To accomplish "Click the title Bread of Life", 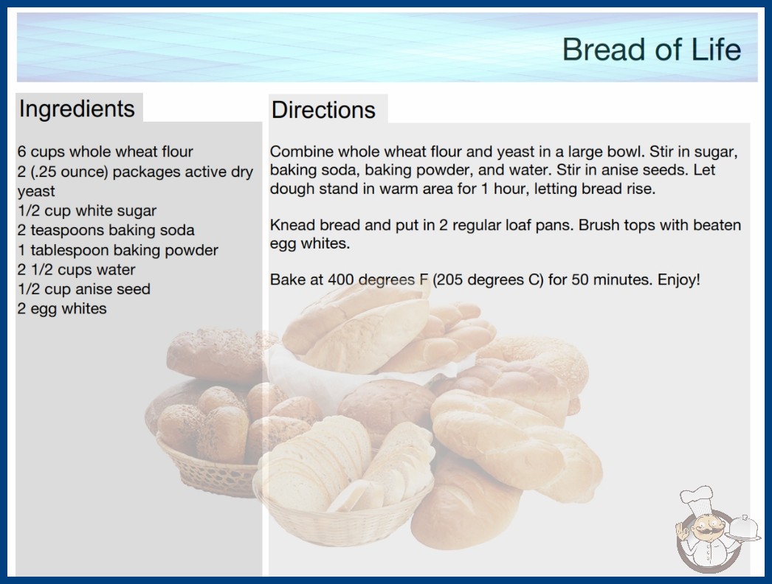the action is [x=652, y=49].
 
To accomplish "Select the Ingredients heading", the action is [x=77, y=109].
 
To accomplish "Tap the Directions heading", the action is [x=323, y=110].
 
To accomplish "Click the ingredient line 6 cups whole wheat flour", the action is [x=106, y=152].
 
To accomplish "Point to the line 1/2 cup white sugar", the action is [x=87, y=211].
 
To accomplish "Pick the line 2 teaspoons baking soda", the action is [x=106, y=230].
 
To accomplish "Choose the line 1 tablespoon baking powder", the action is [x=117, y=250].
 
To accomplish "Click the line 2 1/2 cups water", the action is [x=76, y=270].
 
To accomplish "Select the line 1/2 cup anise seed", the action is [x=83, y=289].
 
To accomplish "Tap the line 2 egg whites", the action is [x=62, y=308].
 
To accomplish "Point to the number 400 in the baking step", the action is [x=341, y=279].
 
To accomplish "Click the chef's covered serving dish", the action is [x=744, y=529].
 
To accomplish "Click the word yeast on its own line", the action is [x=36, y=192].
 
